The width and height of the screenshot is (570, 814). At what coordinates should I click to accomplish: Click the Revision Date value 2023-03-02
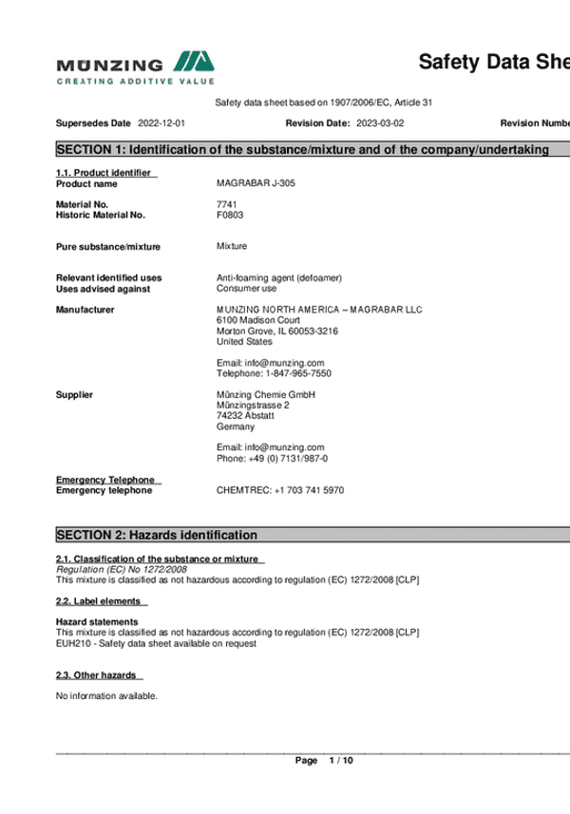pos(380,123)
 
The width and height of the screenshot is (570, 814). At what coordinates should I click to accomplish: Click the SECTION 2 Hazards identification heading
pos(157,535)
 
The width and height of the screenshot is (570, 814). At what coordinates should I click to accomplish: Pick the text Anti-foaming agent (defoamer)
pos(279,277)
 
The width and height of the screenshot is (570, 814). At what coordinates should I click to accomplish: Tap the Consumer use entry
pos(246,289)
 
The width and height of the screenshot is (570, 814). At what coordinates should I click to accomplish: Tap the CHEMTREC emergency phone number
pos(280,490)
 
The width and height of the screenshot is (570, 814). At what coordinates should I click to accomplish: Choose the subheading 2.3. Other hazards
pos(97,674)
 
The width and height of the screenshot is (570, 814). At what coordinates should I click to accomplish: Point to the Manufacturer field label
pos(85,310)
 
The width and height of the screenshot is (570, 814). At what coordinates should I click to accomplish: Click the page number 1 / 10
pos(340,761)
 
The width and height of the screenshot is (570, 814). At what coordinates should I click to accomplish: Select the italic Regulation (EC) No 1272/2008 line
pos(122,568)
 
